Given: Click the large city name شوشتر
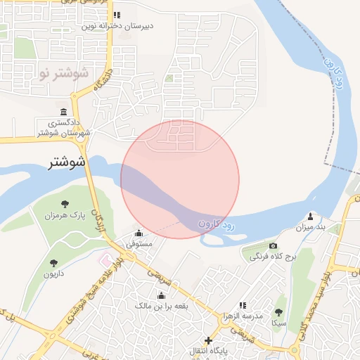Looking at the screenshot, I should (x=67, y=162).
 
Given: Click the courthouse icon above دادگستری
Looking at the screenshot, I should (x=64, y=112).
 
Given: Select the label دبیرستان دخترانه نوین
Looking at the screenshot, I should (x=117, y=26).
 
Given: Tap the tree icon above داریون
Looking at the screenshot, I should (x=53, y=263).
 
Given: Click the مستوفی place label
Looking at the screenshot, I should (x=139, y=244).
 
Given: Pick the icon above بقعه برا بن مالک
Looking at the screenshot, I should (x=162, y=295).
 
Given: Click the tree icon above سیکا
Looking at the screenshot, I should (x=278, y=312).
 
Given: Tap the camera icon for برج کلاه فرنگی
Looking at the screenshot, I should (x=274, y=246).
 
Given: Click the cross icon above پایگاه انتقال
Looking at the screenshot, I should (x=207, y=340).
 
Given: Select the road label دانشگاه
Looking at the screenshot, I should (x=102, y=80).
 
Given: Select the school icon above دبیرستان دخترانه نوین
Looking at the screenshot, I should (x=117, y=15).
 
